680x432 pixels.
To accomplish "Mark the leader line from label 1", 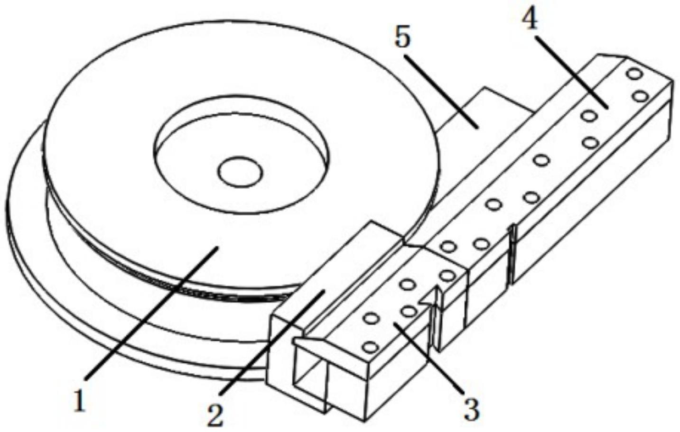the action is pyautogui.click(x=152, y=313).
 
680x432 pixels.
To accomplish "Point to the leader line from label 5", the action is pyautogui.click(x=441, y=92).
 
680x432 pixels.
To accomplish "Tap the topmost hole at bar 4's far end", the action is pyautogui.click(x=635, y=74).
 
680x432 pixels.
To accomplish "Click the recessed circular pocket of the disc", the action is pyautogui.click(x=242, y=154).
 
